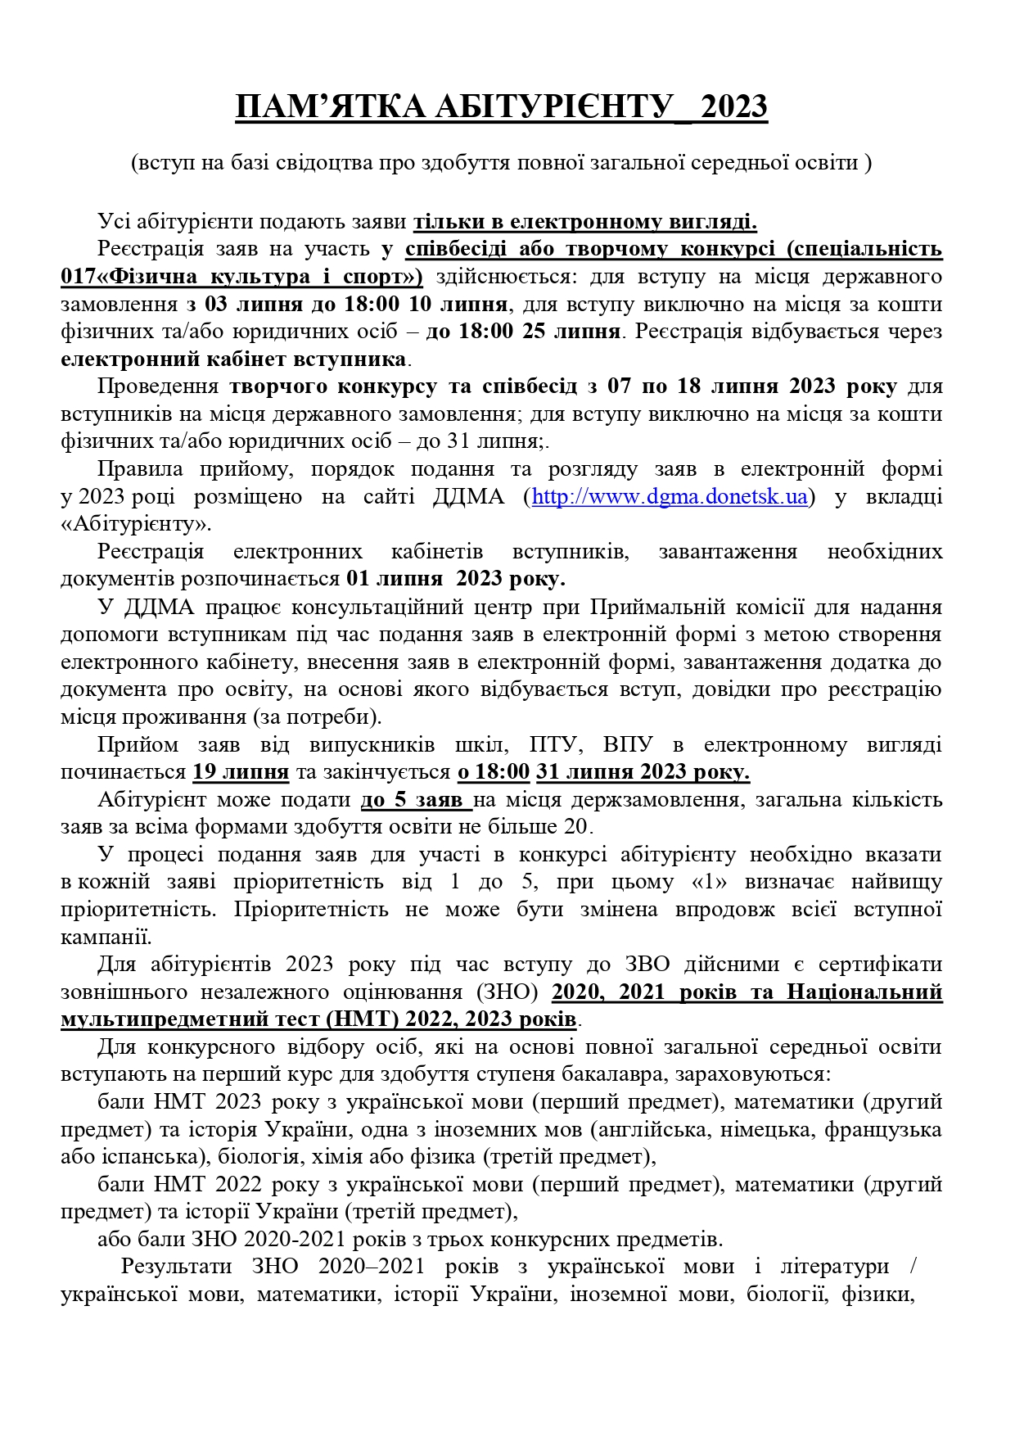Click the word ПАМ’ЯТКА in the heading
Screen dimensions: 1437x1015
tap(330, 107)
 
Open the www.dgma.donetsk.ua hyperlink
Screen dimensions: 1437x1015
tap(670, 496)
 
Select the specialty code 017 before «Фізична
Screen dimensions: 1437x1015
tap(77, 277)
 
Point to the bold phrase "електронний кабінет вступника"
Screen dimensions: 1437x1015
tap(234, 359)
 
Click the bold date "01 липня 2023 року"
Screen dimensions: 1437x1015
tap(455, 579)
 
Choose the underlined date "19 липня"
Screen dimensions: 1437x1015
tap(241, 772)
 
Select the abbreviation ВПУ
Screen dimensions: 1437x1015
tap(628, 744)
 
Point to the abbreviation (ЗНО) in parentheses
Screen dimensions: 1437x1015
tap(507, 992)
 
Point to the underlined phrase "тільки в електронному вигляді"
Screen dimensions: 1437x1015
tap(584, 222)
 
